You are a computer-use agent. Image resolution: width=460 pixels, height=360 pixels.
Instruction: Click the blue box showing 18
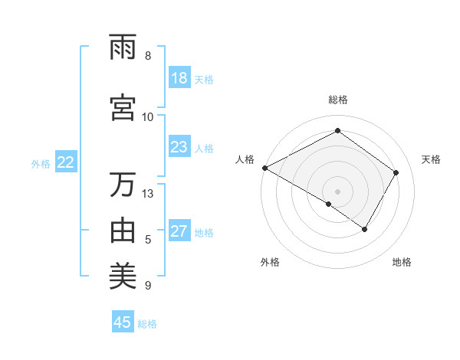179,78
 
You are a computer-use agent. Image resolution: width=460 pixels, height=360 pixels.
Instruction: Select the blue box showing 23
179,147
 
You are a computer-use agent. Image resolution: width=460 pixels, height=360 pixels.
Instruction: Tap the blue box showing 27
179,232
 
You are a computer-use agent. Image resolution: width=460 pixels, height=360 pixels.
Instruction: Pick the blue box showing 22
66,162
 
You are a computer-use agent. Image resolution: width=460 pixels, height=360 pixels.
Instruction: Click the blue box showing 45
123,322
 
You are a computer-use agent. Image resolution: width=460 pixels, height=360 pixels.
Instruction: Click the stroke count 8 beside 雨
147,56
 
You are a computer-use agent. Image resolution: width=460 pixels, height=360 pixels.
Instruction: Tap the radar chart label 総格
338,100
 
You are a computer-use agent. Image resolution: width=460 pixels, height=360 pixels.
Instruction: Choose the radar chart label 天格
431,159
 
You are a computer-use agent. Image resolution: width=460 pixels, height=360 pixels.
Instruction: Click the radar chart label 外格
270,262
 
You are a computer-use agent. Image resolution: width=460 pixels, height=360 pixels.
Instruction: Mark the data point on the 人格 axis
264,167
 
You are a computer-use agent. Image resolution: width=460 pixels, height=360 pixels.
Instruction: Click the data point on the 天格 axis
396,172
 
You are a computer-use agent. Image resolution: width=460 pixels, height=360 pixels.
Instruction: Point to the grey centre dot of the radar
338,191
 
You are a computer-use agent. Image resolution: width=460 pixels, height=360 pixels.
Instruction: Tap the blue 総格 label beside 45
147,323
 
